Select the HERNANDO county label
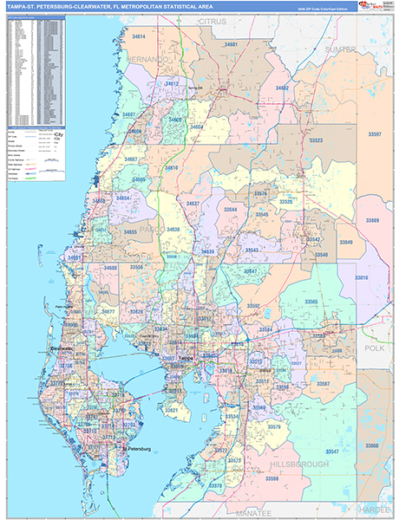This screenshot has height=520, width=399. pyautogui.click(x=148, y=59)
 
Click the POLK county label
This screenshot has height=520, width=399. pyautogui.click(x=374, y=347)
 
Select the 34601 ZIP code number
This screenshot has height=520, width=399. pyautogui.click(x=230, y=42)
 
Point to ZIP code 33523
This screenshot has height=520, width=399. pyautogui.click(x=316, y=140)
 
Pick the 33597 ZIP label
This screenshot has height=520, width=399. pyautogui.click(x=375, y=134)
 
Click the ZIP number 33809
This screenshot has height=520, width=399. pyautogui.click(x=372, y=221)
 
